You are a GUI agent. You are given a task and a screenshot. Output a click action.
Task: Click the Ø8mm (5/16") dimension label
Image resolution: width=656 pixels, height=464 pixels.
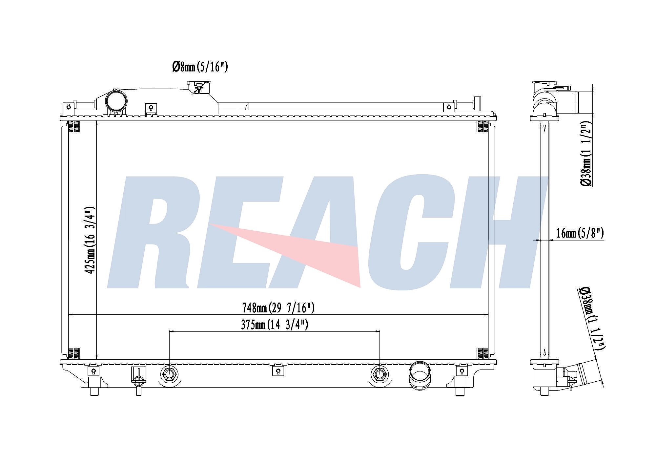click(x=200, y=67)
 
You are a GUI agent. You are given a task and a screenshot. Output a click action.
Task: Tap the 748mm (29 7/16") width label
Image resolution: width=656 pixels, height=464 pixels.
click(x=278, y=308)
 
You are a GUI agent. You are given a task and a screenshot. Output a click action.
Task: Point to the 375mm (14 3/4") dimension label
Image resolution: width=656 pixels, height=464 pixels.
click(x=275, y=325)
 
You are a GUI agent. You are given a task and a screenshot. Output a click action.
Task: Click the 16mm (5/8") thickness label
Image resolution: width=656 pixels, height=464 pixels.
click(x=580, y=233)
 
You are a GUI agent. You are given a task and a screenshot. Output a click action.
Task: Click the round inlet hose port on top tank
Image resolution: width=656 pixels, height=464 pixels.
click(x=116, y=101)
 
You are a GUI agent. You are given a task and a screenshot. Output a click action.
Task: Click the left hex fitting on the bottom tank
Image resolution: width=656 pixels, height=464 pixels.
click(x=169, y=374)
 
